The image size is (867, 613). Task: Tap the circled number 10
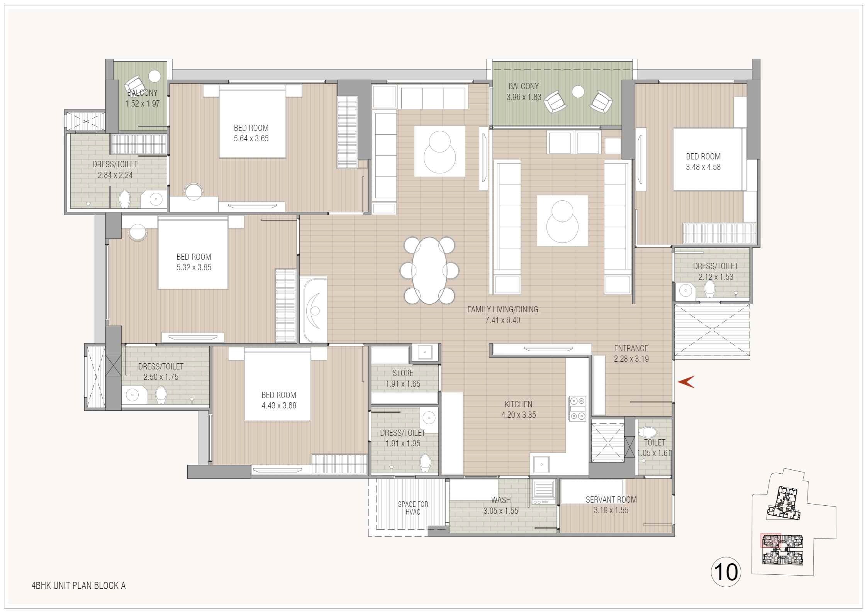tap(726, 572)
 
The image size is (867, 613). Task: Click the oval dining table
tap(429, 271)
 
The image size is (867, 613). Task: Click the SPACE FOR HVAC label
tap(413, 508)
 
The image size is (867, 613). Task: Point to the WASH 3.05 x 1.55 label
tap(501, 505)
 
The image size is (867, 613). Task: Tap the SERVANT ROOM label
tap(611, 500)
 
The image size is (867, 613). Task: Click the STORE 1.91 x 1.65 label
tap(403, 378)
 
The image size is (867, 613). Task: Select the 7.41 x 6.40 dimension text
tap(502, 320)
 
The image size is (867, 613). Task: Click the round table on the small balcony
tap(155, 76)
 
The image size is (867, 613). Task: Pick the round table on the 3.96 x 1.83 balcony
tap(578, 91)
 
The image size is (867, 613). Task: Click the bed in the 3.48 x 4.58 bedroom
tap(708, 159)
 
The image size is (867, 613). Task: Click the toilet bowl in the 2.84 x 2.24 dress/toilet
tap(124, 200)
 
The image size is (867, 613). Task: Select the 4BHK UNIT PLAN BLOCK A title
tap(78, 586)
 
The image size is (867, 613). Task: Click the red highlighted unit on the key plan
tap(770, 540)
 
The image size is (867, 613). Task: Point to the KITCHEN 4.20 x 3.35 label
tap(518, 410)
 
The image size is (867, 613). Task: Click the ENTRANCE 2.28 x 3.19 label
tap(631, 353)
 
